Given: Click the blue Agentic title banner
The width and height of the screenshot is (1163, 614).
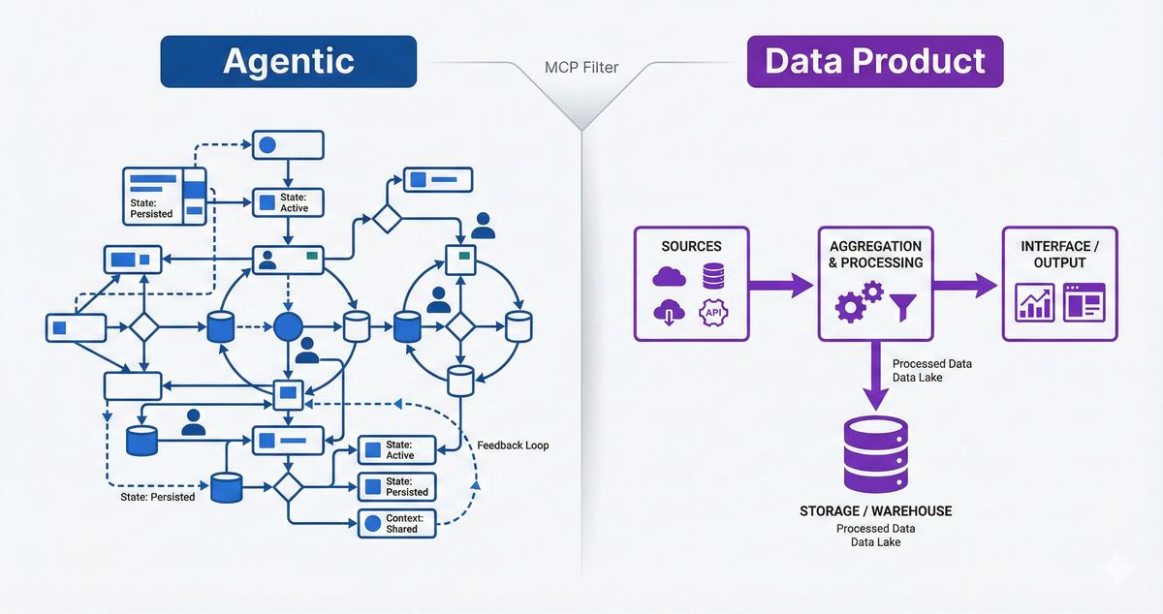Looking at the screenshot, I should [x=288, y=62].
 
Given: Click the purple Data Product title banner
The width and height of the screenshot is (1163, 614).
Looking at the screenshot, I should [x=874, y=62].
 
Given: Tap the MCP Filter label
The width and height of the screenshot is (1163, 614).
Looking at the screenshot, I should [x=582, y=69].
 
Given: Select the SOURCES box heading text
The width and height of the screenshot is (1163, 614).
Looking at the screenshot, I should [x=691, y=247].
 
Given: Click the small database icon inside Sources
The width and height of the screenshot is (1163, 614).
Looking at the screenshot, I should [x=714, y=277].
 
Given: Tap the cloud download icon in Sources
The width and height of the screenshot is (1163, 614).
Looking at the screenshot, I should [x=670, y=314].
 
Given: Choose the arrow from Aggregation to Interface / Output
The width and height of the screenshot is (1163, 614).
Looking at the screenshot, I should [x=965, y=285].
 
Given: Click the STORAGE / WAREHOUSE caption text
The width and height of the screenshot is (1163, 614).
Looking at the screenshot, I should [x=875, y=510].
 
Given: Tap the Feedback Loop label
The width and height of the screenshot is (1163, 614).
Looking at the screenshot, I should [x=513, y=445].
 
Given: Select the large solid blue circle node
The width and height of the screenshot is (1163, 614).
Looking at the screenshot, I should [x=289, y=326].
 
